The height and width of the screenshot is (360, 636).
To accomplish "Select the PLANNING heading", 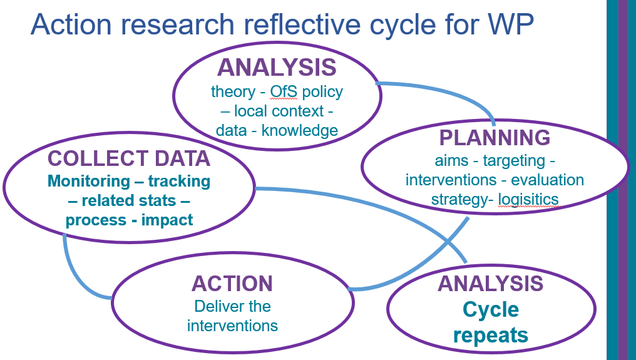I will (x=495, y=138).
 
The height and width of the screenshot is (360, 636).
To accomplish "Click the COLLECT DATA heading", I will (x=129, y=158).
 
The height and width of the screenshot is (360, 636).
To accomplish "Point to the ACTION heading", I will (x=232, y=284).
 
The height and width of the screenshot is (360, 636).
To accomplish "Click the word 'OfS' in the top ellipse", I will (x=285, y=91).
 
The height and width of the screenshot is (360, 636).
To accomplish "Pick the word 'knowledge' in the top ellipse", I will (x=300, y=130).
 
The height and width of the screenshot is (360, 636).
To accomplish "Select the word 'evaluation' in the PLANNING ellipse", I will (x=548, y=180).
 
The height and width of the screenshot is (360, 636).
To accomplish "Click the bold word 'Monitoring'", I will (x=88, y=181).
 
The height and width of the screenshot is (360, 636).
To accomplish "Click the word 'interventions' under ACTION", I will (x=232, y=326).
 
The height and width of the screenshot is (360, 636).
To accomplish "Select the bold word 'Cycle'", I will (x=491, y=309).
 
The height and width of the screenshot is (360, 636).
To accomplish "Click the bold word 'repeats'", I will (x=491, y=335).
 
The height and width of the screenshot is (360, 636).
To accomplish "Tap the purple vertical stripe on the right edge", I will (x=623, y=180).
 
